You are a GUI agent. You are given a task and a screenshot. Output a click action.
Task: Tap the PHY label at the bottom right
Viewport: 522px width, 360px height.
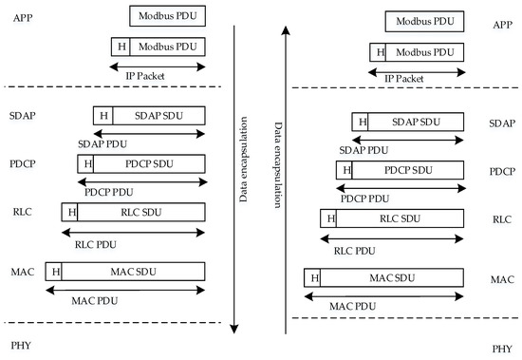point(502,349)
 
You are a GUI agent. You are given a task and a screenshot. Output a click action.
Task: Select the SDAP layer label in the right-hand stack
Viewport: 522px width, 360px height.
point(502,123)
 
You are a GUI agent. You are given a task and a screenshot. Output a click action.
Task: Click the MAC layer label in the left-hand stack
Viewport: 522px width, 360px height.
point(24,272)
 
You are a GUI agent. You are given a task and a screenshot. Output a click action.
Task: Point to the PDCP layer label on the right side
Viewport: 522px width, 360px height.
point(502,172)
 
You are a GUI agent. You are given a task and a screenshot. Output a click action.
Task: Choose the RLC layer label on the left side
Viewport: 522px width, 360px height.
point(23,211)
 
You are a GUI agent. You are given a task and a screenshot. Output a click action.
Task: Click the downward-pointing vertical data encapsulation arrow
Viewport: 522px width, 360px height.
point(235,190)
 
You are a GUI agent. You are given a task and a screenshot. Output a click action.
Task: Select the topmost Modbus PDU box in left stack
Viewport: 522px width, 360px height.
point(167,16)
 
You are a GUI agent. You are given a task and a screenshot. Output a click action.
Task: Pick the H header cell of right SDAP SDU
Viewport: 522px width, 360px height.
point(360,122)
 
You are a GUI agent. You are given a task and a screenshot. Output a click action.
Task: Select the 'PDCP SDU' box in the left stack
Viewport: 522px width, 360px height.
point(150,163)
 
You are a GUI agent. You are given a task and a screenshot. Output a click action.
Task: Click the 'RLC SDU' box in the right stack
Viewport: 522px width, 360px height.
point(400,219)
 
